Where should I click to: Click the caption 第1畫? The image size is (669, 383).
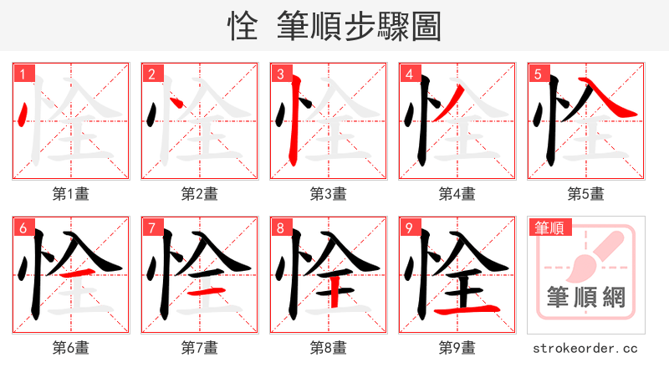pyautogui.click(x=70, y=194)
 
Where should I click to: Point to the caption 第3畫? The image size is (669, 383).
pyautogui.click(x=328, y=194)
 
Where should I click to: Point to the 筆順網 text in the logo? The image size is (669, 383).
pyautogui.click(x=586, y=297)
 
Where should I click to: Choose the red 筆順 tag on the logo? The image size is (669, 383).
pyautogui.click(x=549, y=227)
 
